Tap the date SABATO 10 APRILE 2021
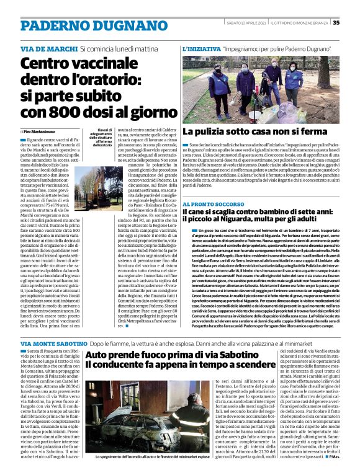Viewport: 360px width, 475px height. coord(245,23)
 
